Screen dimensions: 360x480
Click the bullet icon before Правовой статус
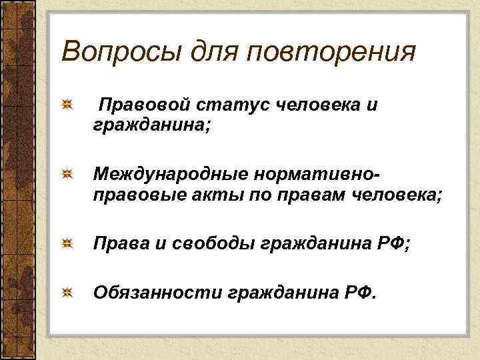(67, 105)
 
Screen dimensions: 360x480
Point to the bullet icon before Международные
(67, 175)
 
